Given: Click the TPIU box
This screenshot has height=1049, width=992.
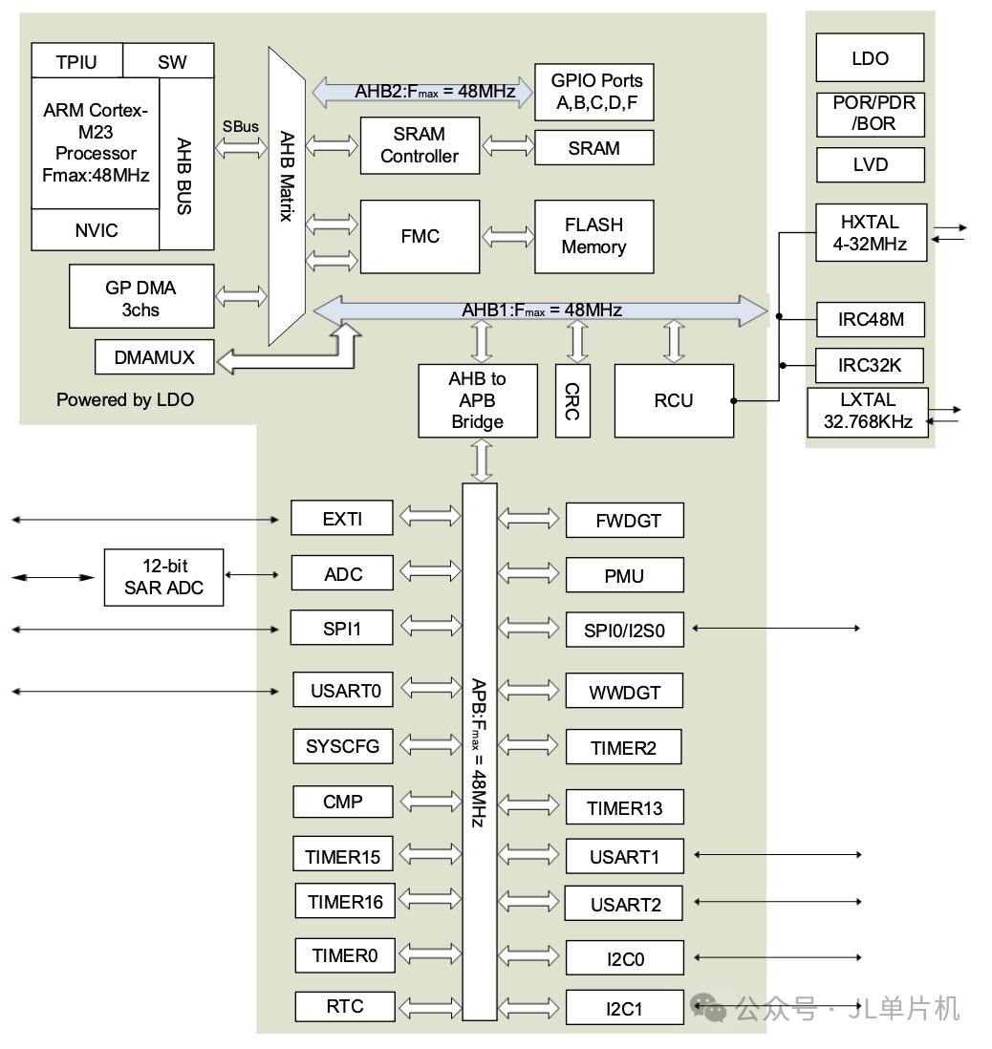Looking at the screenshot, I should (77, 62).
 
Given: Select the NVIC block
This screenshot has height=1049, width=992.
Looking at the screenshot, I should (96, 230).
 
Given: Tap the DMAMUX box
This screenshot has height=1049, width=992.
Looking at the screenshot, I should (154, 357).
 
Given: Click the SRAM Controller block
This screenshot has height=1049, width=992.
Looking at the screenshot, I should (419, 145).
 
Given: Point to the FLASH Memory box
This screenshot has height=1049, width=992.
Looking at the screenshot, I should (593, 236).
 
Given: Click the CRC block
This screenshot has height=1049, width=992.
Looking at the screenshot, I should (571, 400).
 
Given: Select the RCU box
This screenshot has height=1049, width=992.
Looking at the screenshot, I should (673, 400).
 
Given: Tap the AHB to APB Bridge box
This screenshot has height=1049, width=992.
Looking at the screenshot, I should (477, 400).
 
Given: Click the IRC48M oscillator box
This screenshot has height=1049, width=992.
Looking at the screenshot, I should (870, 319).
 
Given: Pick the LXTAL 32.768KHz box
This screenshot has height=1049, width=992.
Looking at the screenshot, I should (868, 412).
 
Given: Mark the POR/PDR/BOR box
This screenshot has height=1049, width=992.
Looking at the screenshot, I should (870, 114).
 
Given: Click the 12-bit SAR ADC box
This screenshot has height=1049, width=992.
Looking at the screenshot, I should (163, 577).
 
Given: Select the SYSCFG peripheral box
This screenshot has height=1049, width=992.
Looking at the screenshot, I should (342, 746).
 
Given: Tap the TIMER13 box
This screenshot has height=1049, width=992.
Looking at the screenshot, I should (624, 808).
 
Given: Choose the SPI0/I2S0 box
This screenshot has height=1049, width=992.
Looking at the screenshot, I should (624, 631).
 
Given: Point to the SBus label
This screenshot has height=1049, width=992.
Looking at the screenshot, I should (240, 126).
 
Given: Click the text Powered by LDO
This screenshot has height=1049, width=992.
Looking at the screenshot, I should (124, 400).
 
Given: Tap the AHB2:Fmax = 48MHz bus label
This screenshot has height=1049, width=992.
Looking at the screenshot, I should (421, 92).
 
